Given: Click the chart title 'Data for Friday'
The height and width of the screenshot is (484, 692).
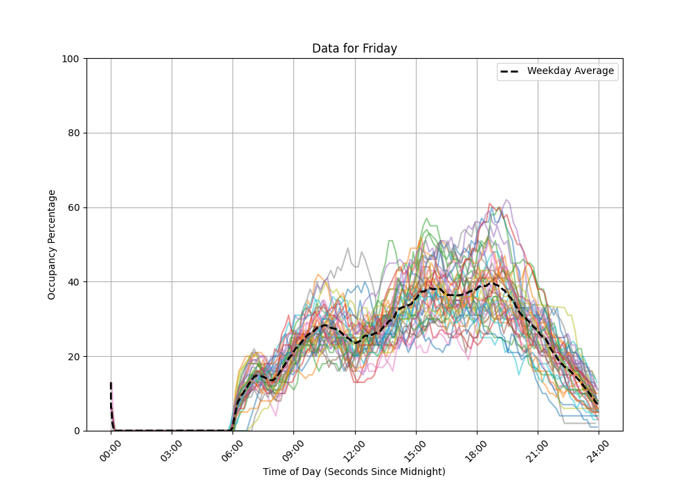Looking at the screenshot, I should (x=354, y=48).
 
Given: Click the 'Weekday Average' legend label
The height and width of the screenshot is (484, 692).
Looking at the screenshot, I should (x=570, y=71).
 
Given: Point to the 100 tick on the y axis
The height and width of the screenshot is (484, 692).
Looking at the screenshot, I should (x=72, y=59).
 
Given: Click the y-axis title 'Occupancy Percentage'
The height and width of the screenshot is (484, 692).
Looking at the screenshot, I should (x=52, y=245).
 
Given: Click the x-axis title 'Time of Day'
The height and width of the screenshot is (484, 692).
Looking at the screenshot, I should (x=354, y=472).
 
